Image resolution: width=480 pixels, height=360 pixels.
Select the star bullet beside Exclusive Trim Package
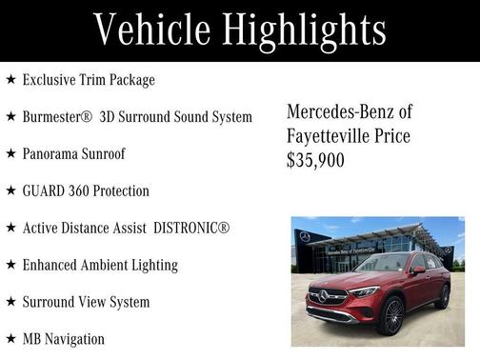(x=10, y=80)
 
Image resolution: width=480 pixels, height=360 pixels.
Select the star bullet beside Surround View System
(x=10, y=302)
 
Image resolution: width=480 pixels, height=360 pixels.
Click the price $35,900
(x=315, y=161)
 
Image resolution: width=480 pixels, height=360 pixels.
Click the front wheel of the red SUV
(x=391, y=315)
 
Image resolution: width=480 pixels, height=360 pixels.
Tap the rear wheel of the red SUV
(x=442, y=296)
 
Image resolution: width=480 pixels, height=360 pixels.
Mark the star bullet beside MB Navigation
(x=10, y=339)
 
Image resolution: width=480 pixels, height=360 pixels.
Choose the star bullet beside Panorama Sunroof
(x=10, y=153)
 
